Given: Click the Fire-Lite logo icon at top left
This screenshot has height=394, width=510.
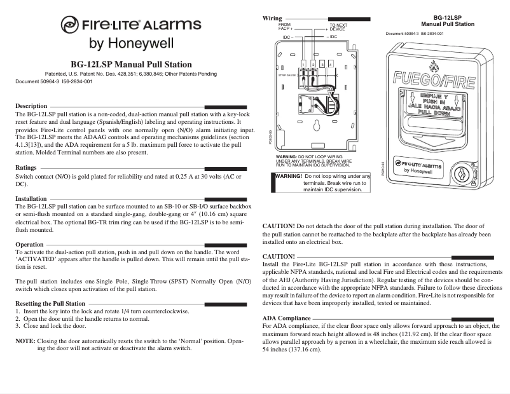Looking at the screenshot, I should tap(69, 25).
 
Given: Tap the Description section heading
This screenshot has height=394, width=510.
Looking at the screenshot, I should tap(31, 105).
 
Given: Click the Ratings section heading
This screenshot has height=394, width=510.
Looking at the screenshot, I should tap(26, 168).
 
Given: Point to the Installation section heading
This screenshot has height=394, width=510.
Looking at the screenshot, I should tap(31, 199).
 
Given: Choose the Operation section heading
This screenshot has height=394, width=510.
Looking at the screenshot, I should tap(29, 244).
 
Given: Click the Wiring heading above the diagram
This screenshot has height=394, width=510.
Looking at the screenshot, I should tap(272, 18).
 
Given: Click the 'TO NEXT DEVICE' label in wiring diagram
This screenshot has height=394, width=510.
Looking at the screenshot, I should tap(338, 27).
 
